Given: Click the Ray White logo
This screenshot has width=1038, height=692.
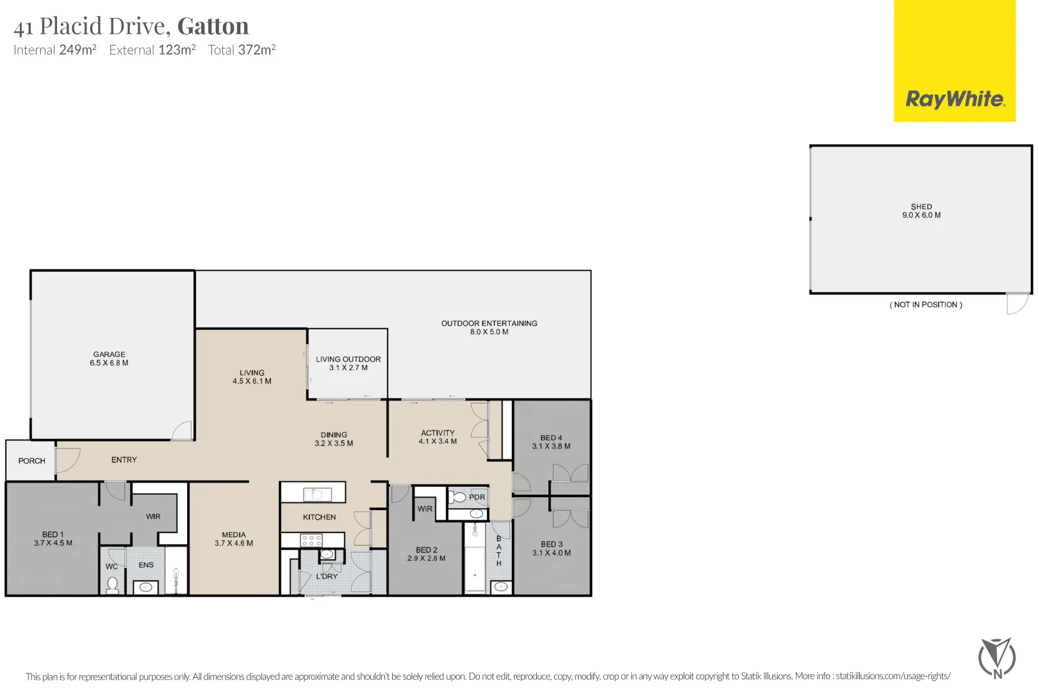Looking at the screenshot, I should (x=954, y=99).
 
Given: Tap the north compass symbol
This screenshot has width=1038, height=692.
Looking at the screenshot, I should (x=996, y=657).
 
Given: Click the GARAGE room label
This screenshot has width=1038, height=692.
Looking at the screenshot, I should (x=109, y=358).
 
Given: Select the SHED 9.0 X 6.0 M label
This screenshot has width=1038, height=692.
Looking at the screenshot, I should (x=921, y=211).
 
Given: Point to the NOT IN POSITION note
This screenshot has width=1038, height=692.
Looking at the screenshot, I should (x=925, y=305).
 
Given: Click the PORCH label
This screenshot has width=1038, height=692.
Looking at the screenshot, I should (x=31, y=461).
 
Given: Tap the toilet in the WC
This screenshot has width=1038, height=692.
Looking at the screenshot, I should (x=113, y=584).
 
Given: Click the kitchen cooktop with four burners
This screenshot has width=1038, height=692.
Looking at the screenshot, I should (x=311, y=540).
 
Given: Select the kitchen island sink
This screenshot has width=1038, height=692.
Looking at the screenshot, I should (x=313, y=493).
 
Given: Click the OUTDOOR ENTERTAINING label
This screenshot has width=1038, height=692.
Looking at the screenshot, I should (x=489, y=327).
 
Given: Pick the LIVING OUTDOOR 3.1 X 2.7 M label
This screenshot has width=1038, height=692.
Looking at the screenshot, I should (x=348, y=363).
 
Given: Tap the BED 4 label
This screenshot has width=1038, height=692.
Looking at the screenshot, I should (x=551, y=442).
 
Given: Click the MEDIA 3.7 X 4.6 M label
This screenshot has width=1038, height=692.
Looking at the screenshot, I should (x=234, y=539).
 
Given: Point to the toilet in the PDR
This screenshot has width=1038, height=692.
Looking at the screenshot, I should (x=457, y=497).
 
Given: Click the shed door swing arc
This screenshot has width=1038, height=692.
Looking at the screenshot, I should (x=1017, y=305).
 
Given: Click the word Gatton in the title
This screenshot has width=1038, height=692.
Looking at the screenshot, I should (x=213, y=26).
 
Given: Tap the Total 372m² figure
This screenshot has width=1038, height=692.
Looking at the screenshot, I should (x=242, y=50).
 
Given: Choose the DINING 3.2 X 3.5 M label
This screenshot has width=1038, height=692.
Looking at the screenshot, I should (x=333, y=439).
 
